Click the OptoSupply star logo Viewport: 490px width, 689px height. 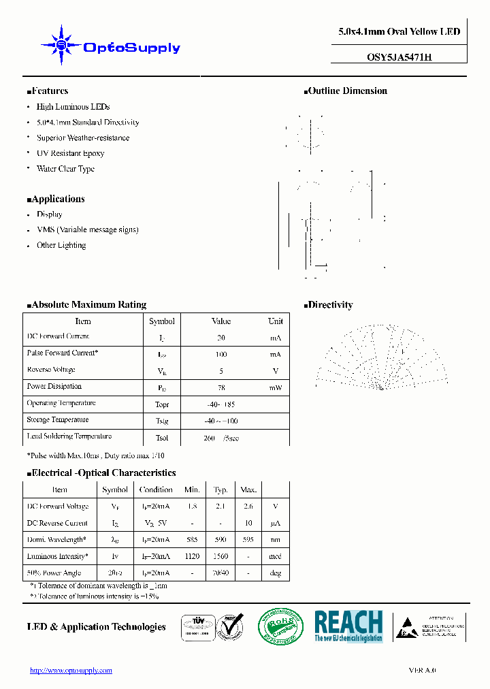[x=61, y=46]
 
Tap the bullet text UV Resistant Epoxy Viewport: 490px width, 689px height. [x=70, y=153]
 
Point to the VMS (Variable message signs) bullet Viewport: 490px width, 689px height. [x=87, y=229]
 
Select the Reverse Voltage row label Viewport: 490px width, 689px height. [x=51, y=370]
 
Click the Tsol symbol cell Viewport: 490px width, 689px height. [x=162, y=438]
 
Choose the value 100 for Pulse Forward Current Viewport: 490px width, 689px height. [x=221, y=354]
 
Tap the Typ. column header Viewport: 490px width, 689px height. [x=220, y=490]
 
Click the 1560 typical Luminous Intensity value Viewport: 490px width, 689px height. [x=220, y=556]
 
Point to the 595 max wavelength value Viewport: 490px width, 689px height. [x=248, y=539]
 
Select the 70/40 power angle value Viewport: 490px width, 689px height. [x=220, y=573]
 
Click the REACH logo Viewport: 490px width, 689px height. [x=348, y=626]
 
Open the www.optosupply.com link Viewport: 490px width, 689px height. [x=71, y=671]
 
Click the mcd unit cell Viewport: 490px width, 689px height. [x=275, y=556]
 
